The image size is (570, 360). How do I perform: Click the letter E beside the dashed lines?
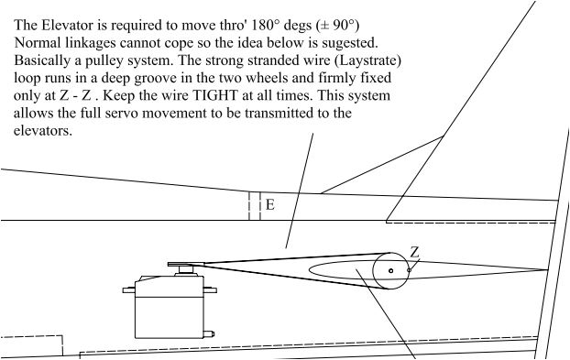[x=269, y=205]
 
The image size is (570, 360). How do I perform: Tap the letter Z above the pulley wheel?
[x=414, y=252]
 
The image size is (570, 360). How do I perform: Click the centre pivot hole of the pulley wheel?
[x=390, y=270]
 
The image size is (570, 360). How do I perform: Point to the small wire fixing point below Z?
[x=409, y=270]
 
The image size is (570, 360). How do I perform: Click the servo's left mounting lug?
[x=129, y=290]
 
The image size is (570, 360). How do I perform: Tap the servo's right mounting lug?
[x=210, y=290]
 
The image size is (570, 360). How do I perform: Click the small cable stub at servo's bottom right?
[x=209, y=333]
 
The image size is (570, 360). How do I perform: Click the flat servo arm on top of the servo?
[x=186, y=264]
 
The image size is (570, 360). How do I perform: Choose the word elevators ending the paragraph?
[x=43, y=131]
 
